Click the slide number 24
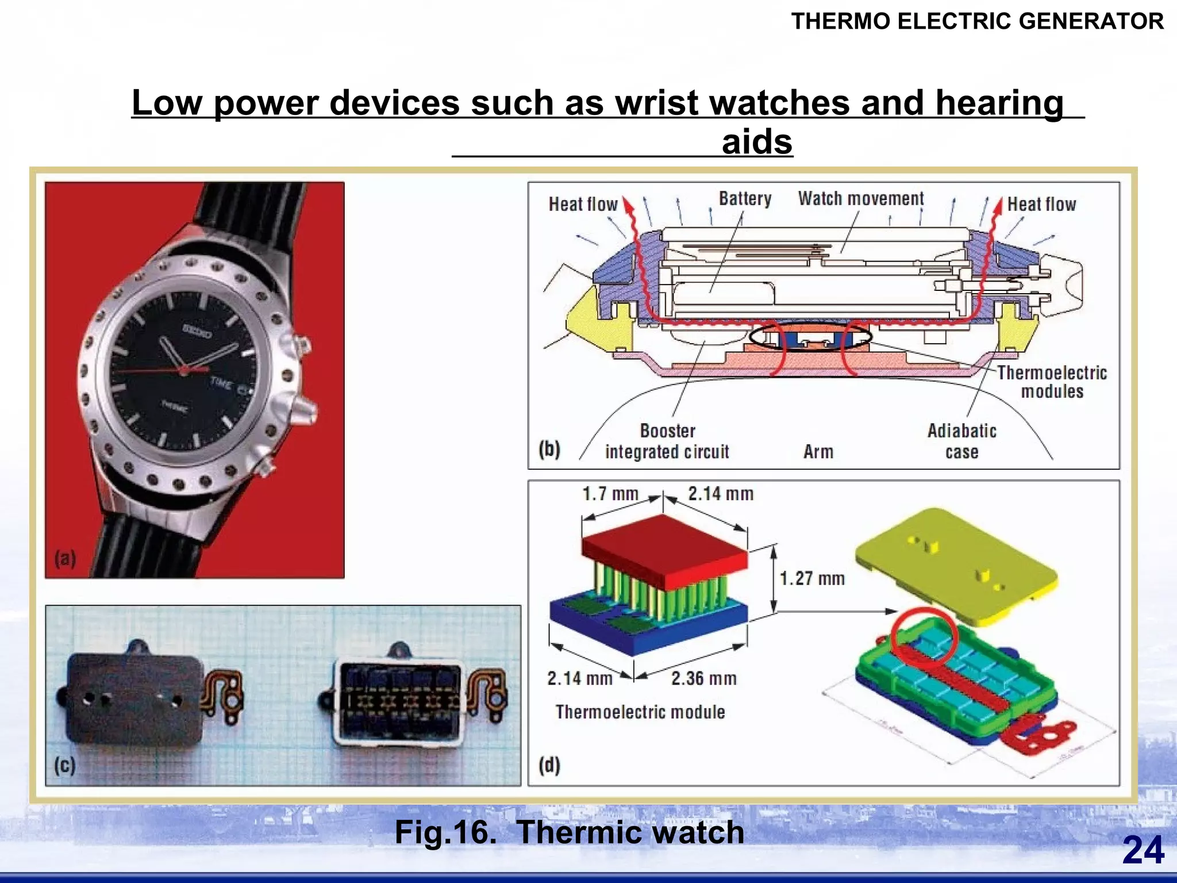pyautogui.click(x=1143, y=850)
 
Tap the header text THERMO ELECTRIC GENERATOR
pyautogui.click(x=978, y=22)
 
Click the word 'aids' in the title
pyautogui.click(x=757, y=141)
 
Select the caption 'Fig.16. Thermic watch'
pyautogui.click(x=569, y=832)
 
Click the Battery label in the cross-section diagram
pyautogui.click(x=745, y=199)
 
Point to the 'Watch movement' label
pyautogui.click(x=860, y=199)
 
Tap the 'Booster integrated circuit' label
pyautogui.click(x=667, y=441)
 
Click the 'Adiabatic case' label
pyautogui.click(x=961, y=441)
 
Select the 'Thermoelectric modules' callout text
pyautogui.click(x=1052, y=382)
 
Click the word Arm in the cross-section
pyautogui.click(x=818, y=452)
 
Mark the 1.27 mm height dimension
pyautogui.click(x=811, y=578)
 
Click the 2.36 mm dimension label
pyautogui.click(x=703, y=678)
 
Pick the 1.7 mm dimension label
pyautogui.click(x=610, y=494)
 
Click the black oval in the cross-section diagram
pyautogui.click(x=810, y=337)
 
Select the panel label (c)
pyautogui.click(x=65, y=765)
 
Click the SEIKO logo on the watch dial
pyautogui.click(x=197, y=331)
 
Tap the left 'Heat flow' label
pyautogui.click(x=582, y=205)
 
